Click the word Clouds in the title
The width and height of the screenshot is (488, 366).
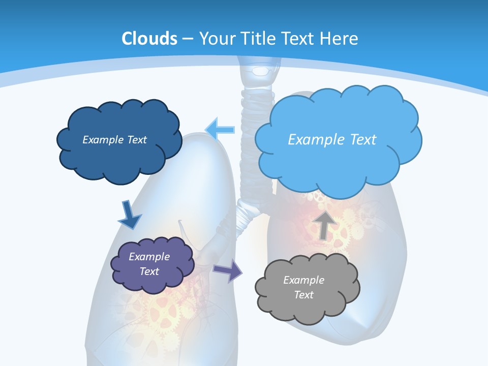(149, 39)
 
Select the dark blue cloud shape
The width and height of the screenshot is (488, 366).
(119, 155)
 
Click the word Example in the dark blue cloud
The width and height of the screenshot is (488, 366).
(102, 140)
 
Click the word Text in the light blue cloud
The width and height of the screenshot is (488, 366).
(360, 140)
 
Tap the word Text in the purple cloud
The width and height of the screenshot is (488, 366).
(149, 271)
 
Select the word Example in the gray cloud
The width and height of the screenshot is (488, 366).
(303, 280)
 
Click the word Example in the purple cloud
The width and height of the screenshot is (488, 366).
(149, 257)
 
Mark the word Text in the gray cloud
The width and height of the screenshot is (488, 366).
(304, 295)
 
